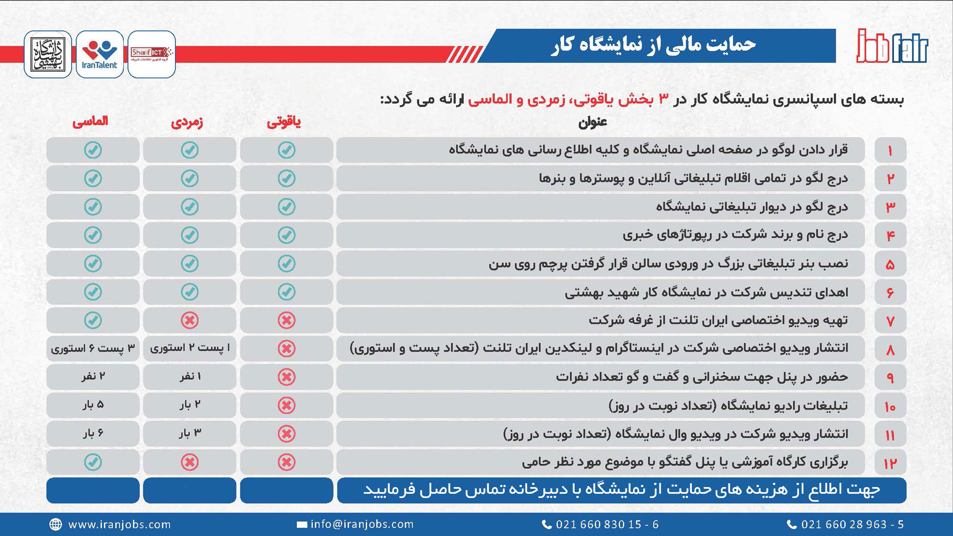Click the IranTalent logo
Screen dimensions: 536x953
tap(100, 54)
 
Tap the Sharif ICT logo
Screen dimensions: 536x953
tap(152, 54)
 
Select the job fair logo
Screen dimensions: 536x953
tap(892, 47)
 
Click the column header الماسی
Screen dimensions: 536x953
tap(91, 121)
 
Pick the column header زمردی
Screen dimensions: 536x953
tap(187, 122)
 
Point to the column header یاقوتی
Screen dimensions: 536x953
tap(284, 122)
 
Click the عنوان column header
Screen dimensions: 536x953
tap(592, 122)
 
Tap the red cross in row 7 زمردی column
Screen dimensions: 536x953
tap(190, 320)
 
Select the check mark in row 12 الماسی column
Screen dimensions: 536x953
tap(93, 462)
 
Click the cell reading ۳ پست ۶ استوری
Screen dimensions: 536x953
tap(93, 348)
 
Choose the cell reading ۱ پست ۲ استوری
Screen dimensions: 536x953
tap(190, 348)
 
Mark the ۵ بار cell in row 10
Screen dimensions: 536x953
tap(93, 405)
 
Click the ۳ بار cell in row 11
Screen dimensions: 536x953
tap(190, 433)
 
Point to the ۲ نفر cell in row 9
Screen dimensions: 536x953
tap(93, 376)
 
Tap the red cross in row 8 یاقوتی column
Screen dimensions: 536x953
tap(286, 349)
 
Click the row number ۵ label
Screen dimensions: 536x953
tap(890, 264)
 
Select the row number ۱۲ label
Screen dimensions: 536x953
tap(890, 463)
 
